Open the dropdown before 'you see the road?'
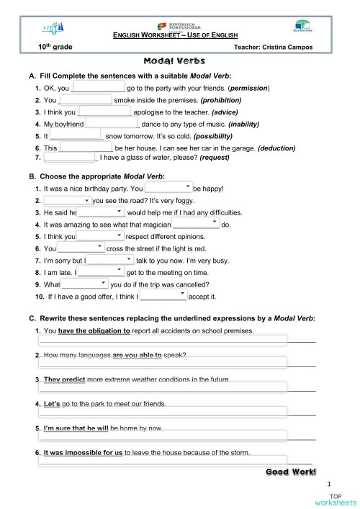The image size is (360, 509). (67, 200)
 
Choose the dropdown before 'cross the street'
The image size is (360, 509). (81, 248)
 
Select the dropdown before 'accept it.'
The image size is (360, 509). (163, 295)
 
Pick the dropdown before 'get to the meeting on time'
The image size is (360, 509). (101, 272)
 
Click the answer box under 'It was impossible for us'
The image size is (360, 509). (162, 460)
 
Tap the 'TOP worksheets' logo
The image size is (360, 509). (333, 500)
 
